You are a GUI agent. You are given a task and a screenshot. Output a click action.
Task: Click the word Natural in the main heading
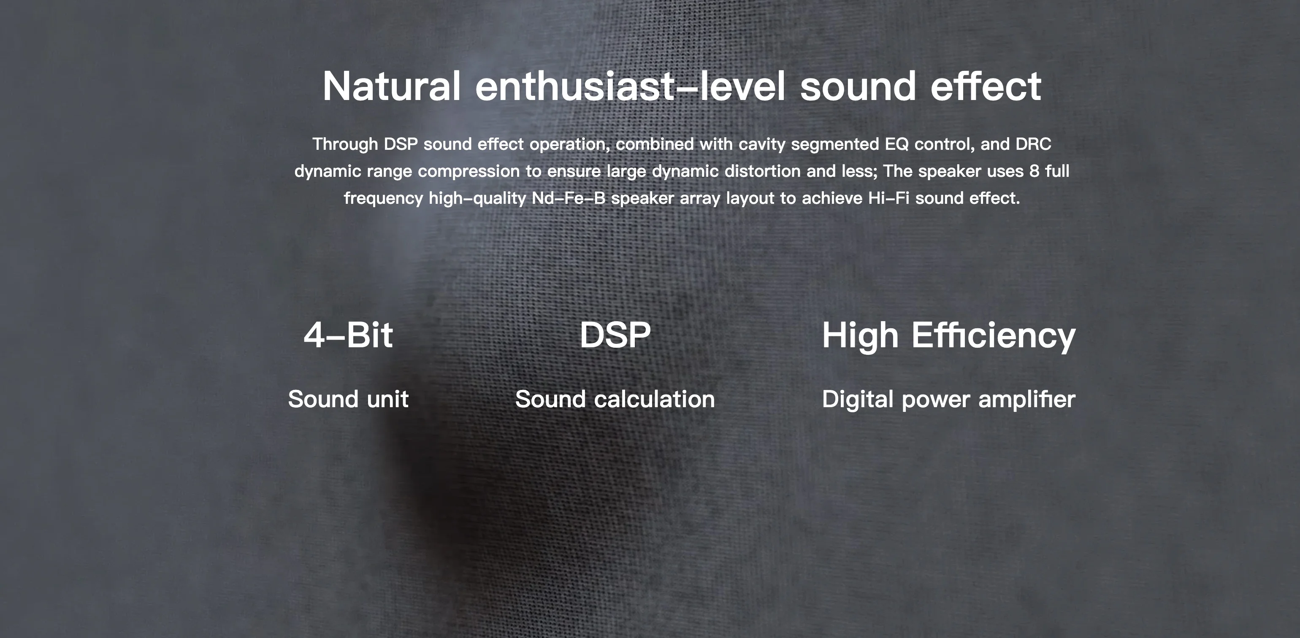tap(392, 86)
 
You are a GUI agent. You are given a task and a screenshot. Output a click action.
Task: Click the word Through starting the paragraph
tap(345, 144)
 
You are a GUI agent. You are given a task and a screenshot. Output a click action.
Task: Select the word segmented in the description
tap(835, 145)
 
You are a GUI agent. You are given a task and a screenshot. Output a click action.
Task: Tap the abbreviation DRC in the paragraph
tap(1033, 144)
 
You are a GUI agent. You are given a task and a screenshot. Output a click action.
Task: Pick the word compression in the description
tap(469, 171)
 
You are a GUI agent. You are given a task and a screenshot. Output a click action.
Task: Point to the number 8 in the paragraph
tap(1034, 171)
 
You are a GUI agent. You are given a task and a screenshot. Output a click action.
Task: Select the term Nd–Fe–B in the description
tap(568, 198)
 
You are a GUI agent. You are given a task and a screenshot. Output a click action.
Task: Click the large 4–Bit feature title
tap(348, 335)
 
